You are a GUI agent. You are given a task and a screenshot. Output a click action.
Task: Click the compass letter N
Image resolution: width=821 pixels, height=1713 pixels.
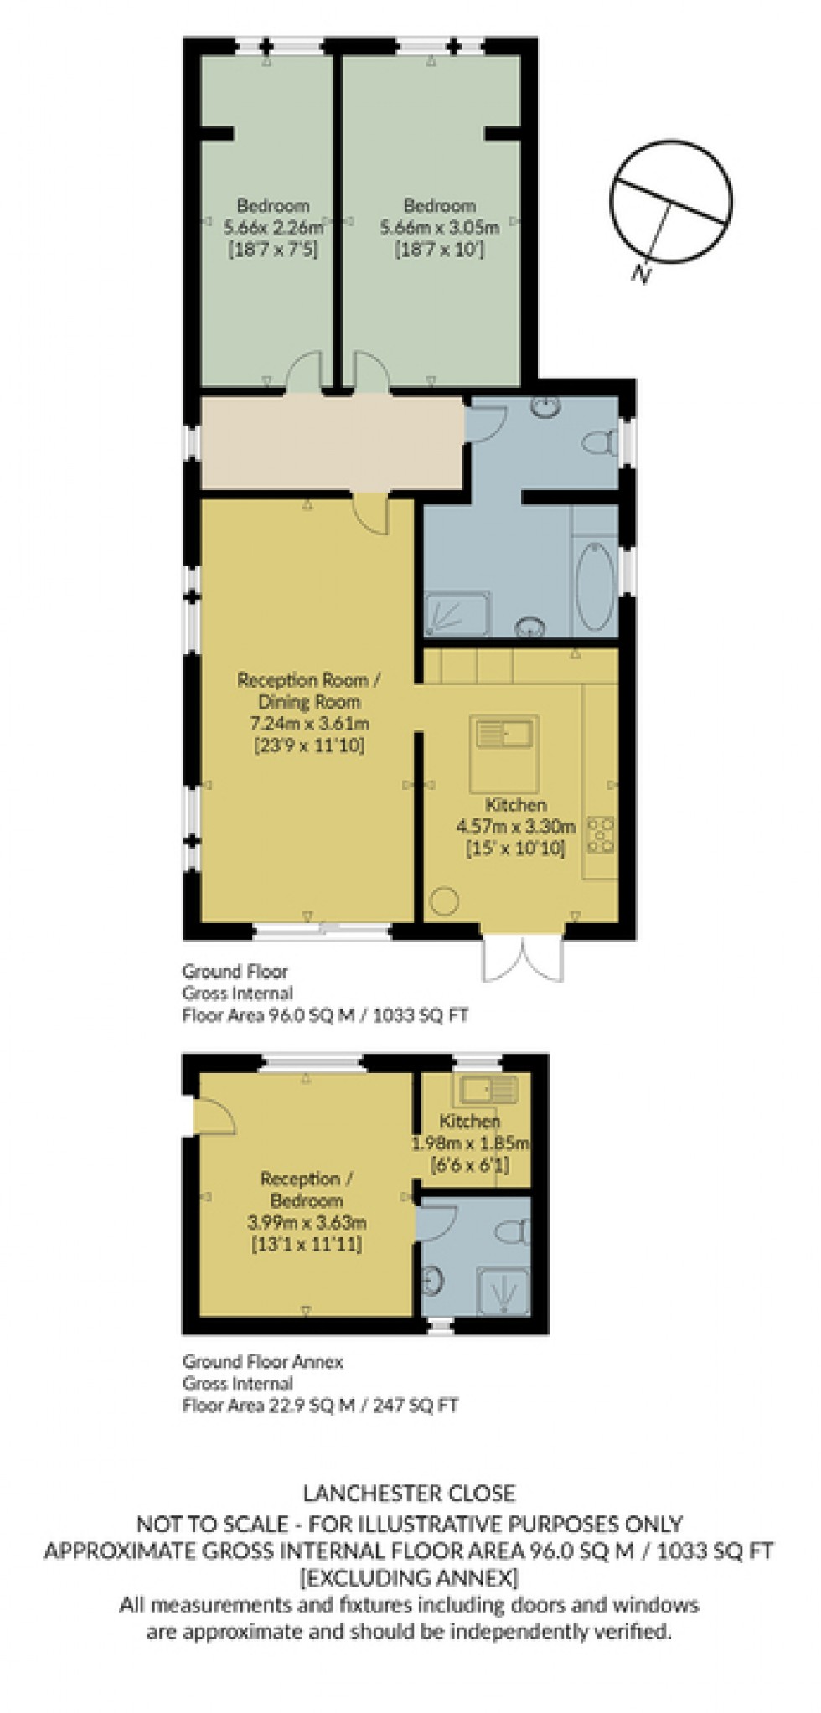click(x=641, y=273)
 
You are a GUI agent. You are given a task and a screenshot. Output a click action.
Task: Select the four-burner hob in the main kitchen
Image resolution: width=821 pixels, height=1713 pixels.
click(x=601, y=835)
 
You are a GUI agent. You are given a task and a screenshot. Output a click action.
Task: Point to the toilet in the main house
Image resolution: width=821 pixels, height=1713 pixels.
click(x=601, y=441)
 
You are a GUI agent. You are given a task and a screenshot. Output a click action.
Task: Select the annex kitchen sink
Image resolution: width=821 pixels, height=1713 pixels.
click(x=487, y=1089)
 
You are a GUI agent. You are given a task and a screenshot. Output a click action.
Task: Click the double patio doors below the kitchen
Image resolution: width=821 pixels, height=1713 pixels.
click(x=522, y=957)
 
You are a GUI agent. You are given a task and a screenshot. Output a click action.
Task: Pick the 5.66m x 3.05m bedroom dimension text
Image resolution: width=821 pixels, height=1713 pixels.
click(x=440, y=227)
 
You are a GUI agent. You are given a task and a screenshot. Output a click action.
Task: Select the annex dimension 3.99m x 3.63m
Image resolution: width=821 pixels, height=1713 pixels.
click(x=307, y=1223)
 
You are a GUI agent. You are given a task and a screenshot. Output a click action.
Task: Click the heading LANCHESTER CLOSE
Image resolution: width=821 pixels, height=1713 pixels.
click(x=409, y=1493)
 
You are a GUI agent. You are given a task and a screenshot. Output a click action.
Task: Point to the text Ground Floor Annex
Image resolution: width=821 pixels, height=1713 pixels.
click(x=263, y=1361)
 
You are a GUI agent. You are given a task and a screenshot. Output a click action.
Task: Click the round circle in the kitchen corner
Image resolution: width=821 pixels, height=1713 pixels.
click(x=443, y=902)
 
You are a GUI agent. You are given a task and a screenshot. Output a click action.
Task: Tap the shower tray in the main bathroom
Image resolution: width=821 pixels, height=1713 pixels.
click(x=457, y=613)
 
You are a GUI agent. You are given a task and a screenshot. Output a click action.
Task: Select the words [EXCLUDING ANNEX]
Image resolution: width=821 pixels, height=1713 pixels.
click(x=409, y=1578)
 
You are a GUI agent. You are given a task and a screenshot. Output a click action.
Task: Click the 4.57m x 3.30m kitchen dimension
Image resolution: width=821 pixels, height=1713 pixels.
click(x=516, y=826)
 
